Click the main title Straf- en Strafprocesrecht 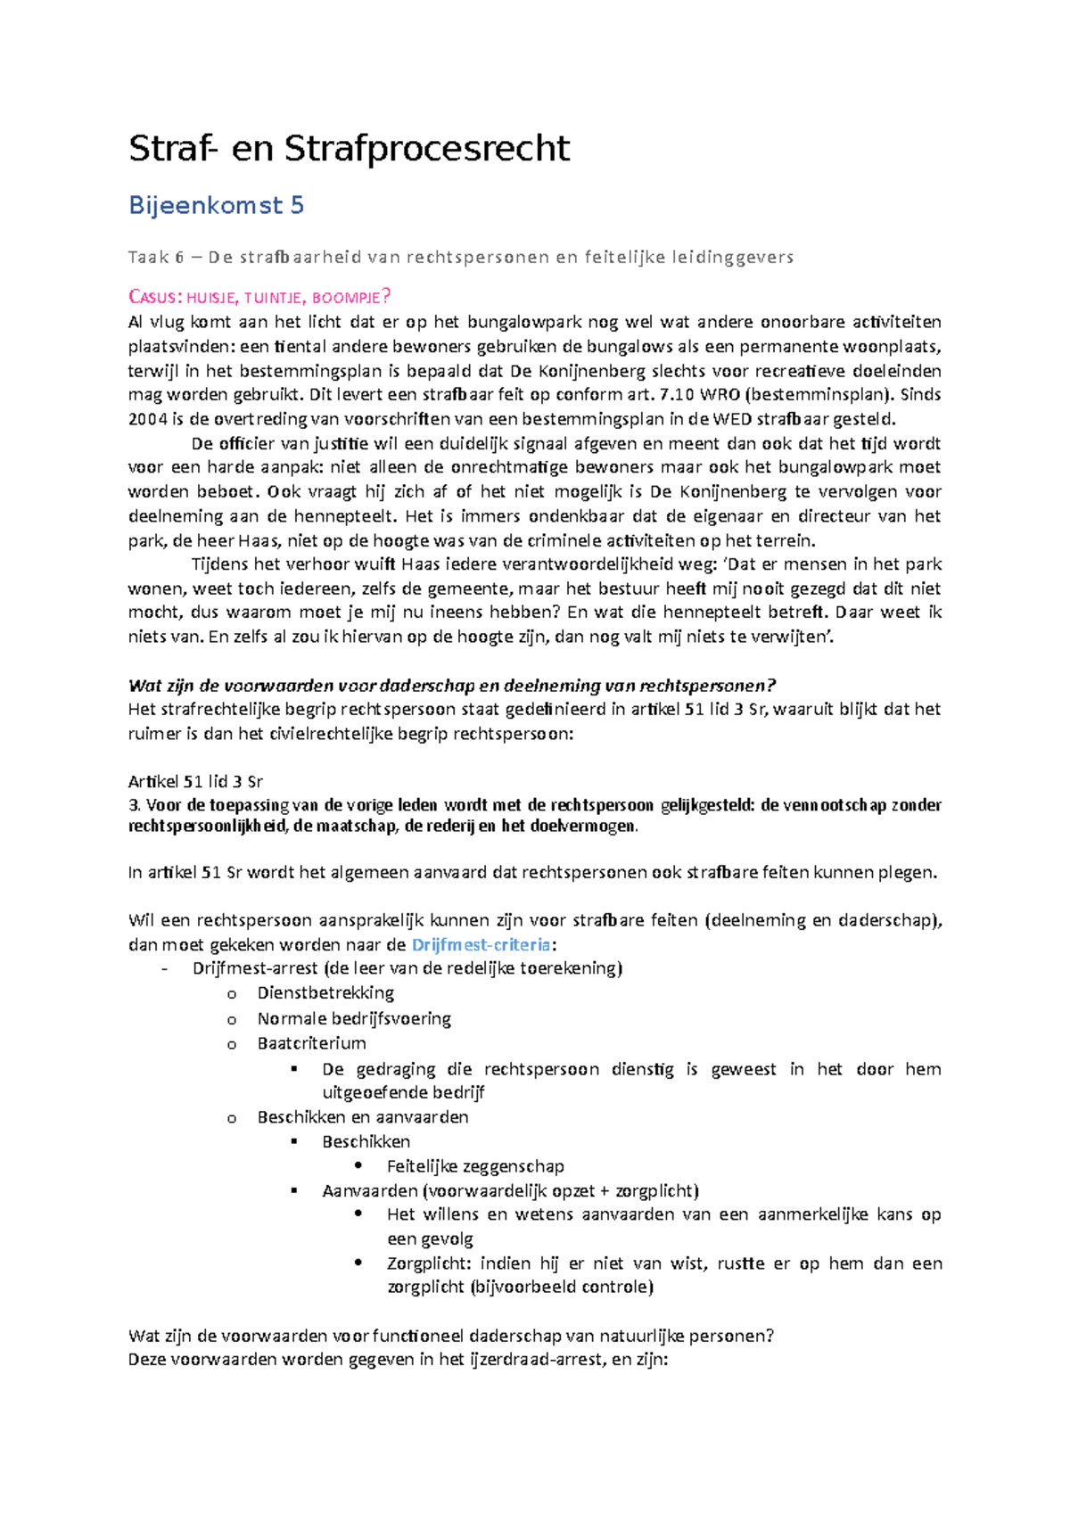349,148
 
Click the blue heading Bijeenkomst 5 216,205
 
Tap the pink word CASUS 154,298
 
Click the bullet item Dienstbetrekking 325,992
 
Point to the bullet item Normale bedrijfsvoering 354,1018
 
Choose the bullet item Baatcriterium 311,1042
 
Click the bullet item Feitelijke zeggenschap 475,1165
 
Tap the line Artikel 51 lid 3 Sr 195,782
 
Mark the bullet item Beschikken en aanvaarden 363,1116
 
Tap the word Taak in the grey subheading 147,258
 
